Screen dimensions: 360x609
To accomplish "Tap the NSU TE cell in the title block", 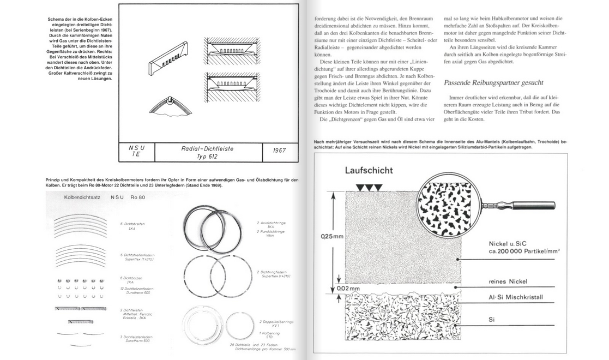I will pyautogui.click(x=136, y=152).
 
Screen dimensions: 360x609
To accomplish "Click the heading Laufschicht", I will pyautogui.click(x=368, y=171).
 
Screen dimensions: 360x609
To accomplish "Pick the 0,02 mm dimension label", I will pyautogui.click(x=333, y=288).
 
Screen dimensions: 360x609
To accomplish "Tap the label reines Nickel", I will pyautogui.click(x=510, y=281).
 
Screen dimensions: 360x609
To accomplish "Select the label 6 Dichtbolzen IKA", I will pyautogui.click(x=130, y=280).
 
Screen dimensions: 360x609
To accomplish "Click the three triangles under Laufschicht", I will pyautogui.click(x=368, y=188).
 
